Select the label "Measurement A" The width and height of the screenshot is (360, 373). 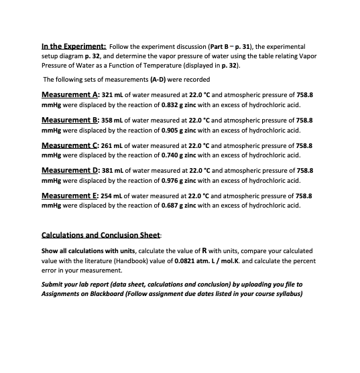[77, 95]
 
